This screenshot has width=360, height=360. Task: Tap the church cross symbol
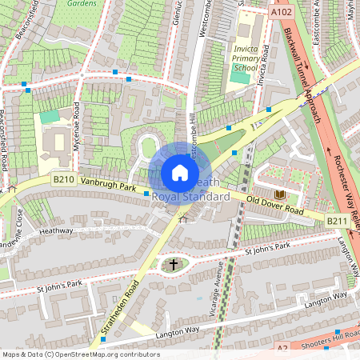point(174,265)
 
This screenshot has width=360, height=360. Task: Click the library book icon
point(279,194)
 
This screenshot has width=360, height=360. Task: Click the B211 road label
point(336,220)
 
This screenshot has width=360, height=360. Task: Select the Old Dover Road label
point(274,206)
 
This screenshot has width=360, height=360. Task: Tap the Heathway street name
point(56,230)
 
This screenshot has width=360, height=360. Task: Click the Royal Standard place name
point(190,196)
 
